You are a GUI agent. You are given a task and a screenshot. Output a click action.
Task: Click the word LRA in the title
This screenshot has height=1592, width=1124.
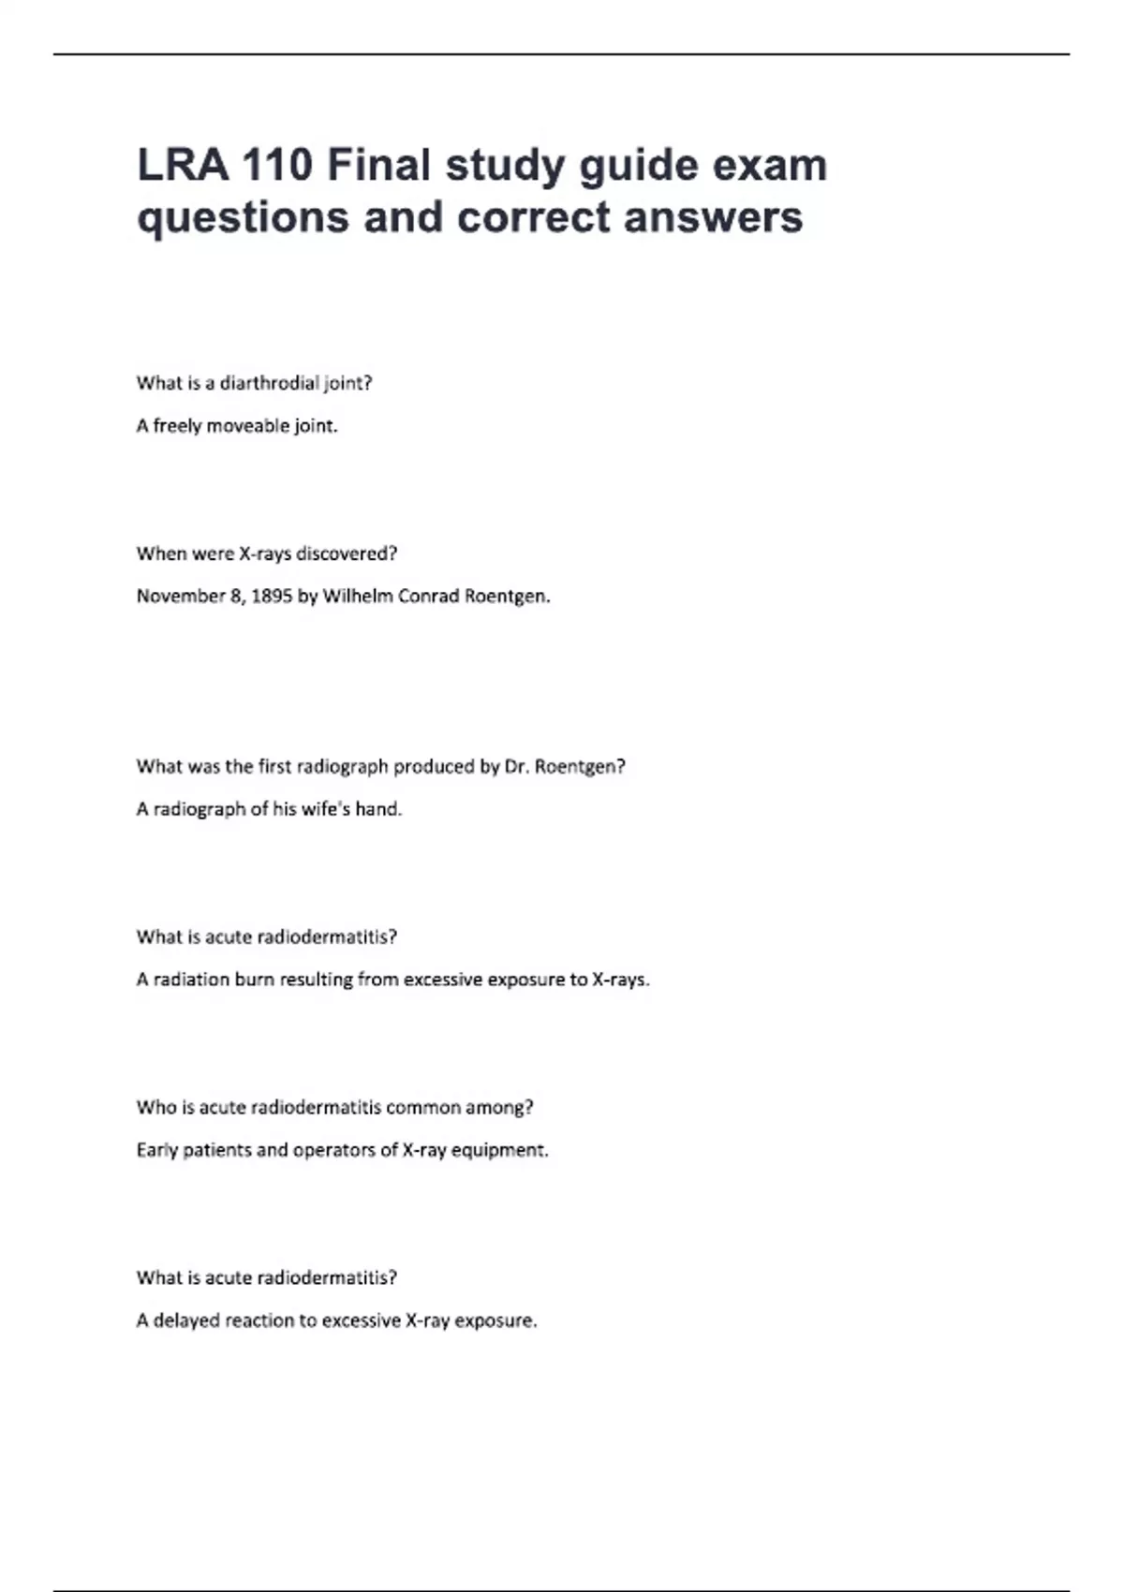[183, 166]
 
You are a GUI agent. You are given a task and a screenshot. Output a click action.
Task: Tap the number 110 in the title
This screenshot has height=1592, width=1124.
[277, 166]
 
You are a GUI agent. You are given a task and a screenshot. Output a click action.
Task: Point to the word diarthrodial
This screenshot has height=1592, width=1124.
[269, 383]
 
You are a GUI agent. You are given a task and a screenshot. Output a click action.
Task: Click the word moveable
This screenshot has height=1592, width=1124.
[247, 426]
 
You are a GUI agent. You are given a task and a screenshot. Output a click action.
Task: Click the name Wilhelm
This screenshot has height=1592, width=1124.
[358, 597]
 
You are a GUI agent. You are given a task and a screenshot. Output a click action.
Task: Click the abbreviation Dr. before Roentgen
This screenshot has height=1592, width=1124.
[517, 767]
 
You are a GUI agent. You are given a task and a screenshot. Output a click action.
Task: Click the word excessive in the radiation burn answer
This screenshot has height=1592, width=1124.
[442, 980]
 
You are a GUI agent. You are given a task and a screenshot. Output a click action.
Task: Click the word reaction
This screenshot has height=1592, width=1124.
[259, 1320]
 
